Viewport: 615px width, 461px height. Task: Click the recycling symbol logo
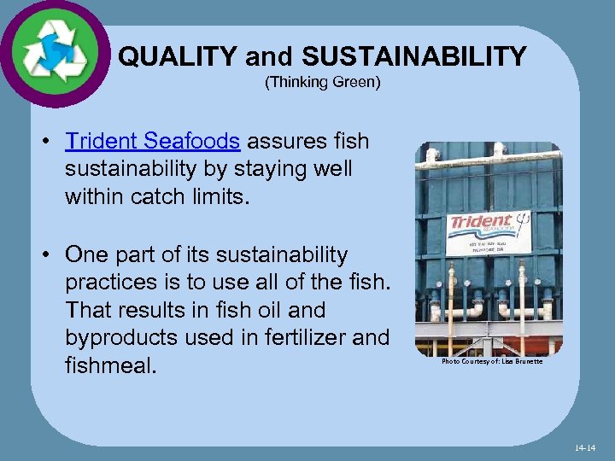55,53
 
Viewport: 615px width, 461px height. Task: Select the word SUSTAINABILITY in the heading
414,57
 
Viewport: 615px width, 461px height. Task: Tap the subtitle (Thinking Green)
322,83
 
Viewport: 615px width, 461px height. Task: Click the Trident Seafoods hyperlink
152,141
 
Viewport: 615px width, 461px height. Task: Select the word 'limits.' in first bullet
220,196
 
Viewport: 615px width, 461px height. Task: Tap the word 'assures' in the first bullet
286,141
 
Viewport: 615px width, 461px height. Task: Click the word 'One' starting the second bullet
86,255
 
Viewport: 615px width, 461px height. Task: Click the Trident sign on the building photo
489,232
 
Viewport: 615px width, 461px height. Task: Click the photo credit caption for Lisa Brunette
491,362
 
